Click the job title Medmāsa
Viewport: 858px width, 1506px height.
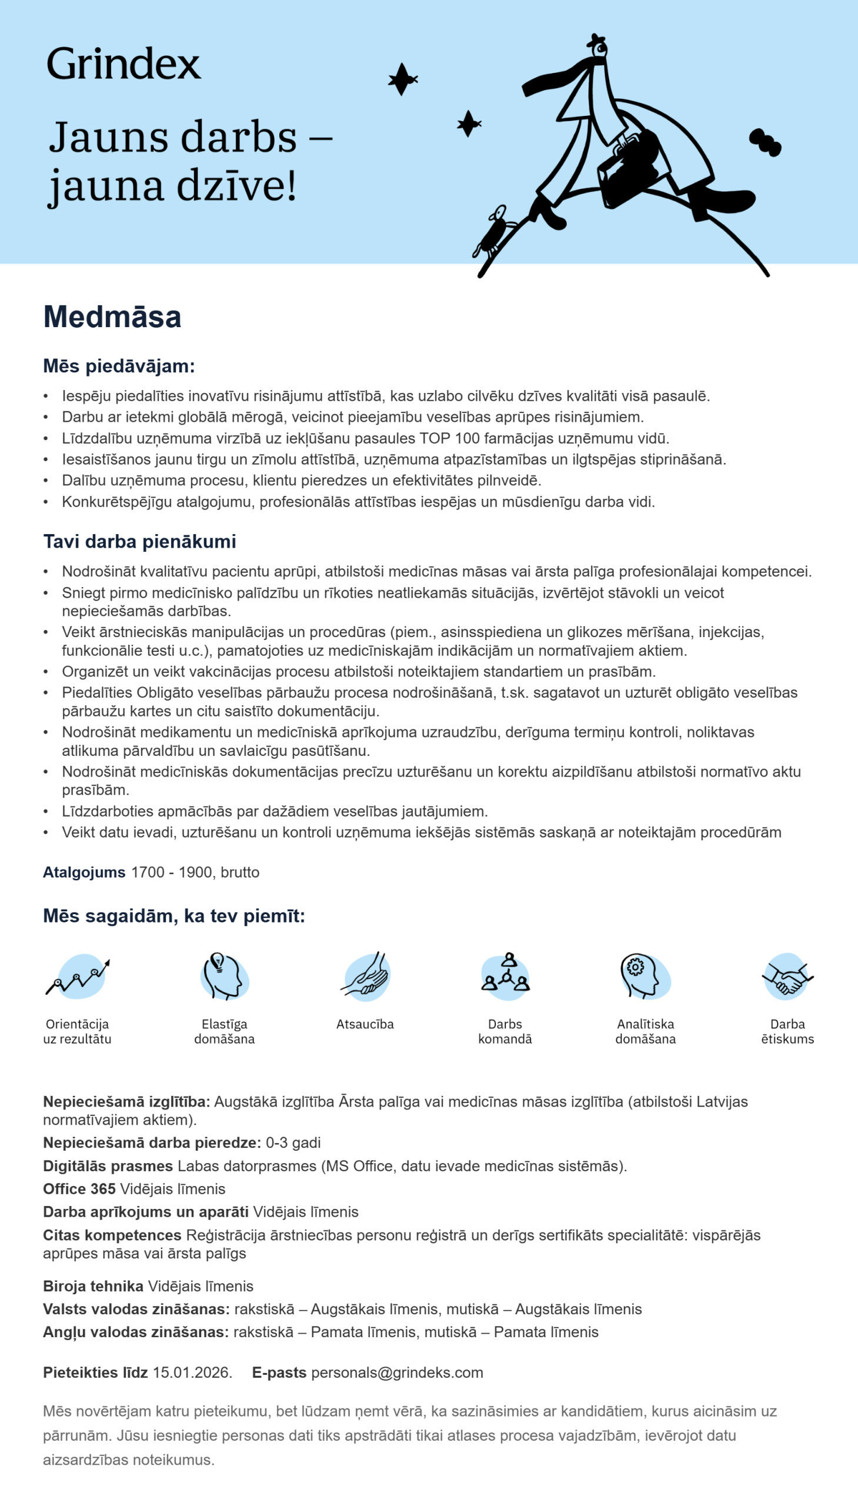click(x=112, y=316)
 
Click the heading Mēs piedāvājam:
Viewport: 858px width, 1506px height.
click(x=118, y=366)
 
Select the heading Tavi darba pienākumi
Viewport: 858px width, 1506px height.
click(x=139, y=541)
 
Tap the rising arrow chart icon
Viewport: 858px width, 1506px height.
click(x=78, y=975)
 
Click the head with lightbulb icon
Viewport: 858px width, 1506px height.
click(x=224, y=975)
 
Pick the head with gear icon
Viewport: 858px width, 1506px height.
click(x=645, y=975)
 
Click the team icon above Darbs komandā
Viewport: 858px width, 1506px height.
click(x=506, y=975)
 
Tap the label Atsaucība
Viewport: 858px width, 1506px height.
click(x=365, y=1024)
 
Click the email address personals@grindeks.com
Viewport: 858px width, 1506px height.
click(x=396, y=1372)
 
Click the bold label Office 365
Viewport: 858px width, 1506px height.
click(x=79, y=1188)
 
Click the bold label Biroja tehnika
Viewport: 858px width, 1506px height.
click(x=93, y=1285)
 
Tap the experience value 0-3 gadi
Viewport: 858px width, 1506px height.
click(x=293, y=1142)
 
